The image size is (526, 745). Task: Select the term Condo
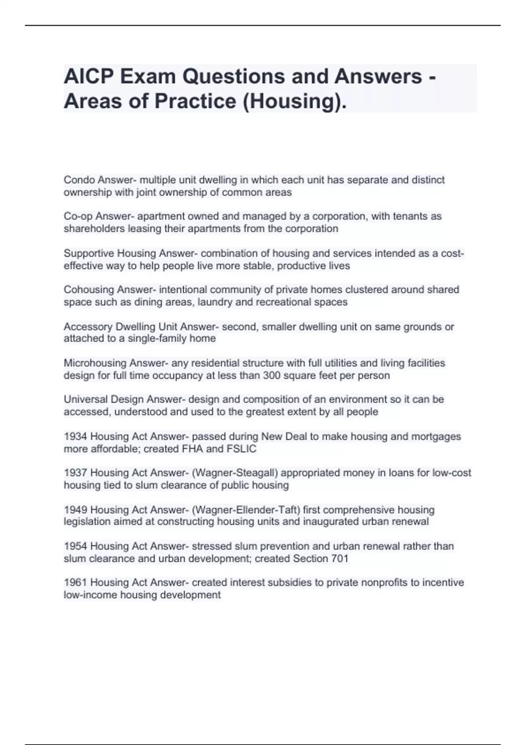pyautogui.click(x=79, y=180)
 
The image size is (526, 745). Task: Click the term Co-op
pyautogui.click(x=78, y=216)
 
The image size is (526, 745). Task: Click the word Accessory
pyautogui.click(x=88, y=327)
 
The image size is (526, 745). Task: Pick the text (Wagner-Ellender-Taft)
pyautogui.click(x=246, y=510)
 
